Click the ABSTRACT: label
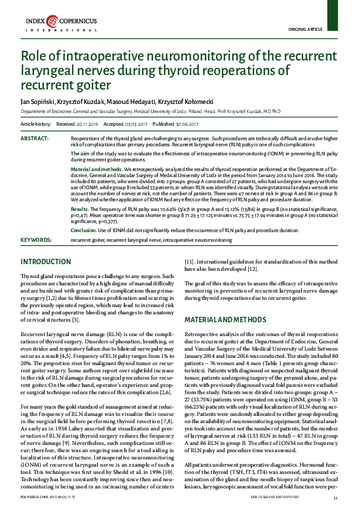(34, 138)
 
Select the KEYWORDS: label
(36, 240)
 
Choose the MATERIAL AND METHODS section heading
(221, 319)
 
